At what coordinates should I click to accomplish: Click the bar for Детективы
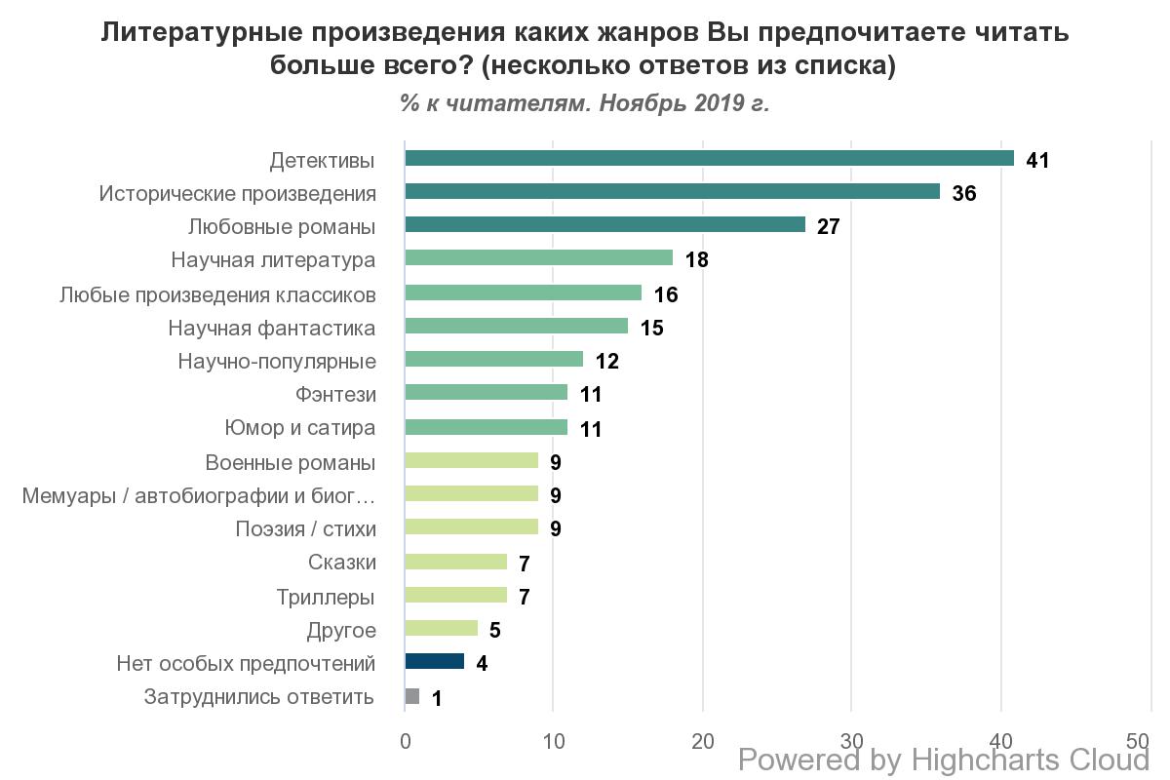709,159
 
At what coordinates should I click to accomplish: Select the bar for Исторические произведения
672,192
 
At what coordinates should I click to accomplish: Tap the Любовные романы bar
604,225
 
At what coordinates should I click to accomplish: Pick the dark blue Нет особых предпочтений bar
434,662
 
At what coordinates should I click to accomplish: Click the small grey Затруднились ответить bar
411,696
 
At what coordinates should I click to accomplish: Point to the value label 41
1037,160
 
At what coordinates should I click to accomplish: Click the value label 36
963,193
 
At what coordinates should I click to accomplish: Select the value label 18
695,259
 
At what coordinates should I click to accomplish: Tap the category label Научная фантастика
272,328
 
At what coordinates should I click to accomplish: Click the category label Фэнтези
335,395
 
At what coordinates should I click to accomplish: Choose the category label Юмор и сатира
300,428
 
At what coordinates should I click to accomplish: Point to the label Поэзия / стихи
305,529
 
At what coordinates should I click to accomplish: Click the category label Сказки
341,563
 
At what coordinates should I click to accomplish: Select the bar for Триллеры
455,595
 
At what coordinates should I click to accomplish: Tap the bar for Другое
441,629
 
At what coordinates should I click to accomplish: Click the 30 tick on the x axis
851,741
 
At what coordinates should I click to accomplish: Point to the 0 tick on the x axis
405,741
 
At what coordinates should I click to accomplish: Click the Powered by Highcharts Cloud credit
944,760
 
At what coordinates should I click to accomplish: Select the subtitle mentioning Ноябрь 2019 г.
584,103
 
